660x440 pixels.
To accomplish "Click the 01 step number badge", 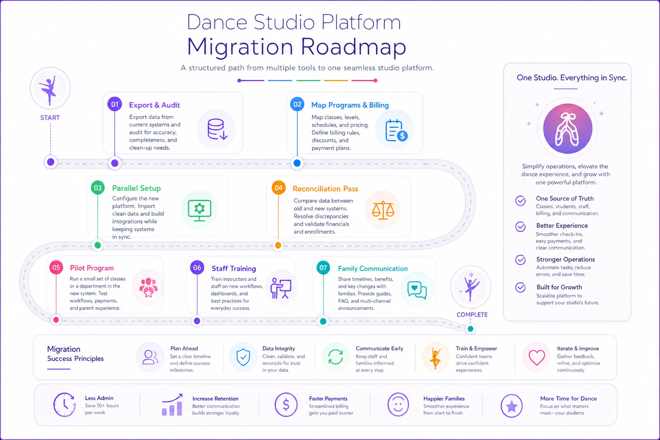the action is [115, 104].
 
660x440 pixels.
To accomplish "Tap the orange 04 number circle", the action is [278, 187].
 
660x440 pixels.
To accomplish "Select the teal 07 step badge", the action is [323, 267].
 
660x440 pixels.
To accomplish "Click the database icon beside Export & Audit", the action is [217, 129].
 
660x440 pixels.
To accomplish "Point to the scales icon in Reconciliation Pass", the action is [383, 210].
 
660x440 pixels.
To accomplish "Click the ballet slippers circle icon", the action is [568, 128].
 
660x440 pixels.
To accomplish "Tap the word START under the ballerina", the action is [50, 118].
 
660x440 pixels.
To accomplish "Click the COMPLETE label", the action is [472, 315].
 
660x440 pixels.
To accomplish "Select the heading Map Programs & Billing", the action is [350, 105].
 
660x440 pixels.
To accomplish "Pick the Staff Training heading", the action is [234, 269].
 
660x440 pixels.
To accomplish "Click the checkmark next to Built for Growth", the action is [520, 287].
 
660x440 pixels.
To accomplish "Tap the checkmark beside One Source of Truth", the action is [520, 201].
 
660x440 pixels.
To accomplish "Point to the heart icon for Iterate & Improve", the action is [537, 357].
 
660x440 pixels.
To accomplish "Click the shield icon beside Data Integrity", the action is [243, 357].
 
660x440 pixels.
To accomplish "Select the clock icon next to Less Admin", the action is [64, 405].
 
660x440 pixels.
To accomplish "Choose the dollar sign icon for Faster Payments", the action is [286, 405].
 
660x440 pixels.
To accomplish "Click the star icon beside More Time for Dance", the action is [511, 406].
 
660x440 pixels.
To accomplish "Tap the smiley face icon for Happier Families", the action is [398, 405].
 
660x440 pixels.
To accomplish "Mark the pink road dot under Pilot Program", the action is [56, 320].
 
